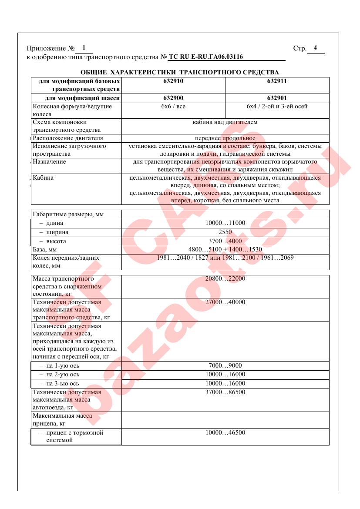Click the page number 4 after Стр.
point(315,48)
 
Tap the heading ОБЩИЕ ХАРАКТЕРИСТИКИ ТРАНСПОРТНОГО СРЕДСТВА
point(180,72)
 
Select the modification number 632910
point(173,81)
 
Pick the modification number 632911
point(277,81)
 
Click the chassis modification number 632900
point(173,98)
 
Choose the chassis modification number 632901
point(277,98)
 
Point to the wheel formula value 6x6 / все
point(173,106)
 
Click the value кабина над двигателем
point(225,122)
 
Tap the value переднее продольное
point(225,138)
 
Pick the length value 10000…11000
point(225,223)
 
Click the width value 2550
point(225,232)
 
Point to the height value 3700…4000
point(225,241)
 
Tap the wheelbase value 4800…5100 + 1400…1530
point(225,250)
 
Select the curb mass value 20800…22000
point(225,278)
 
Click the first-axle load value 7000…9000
point(225,366)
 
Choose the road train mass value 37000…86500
point(225,392)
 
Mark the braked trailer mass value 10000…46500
point(225,433)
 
